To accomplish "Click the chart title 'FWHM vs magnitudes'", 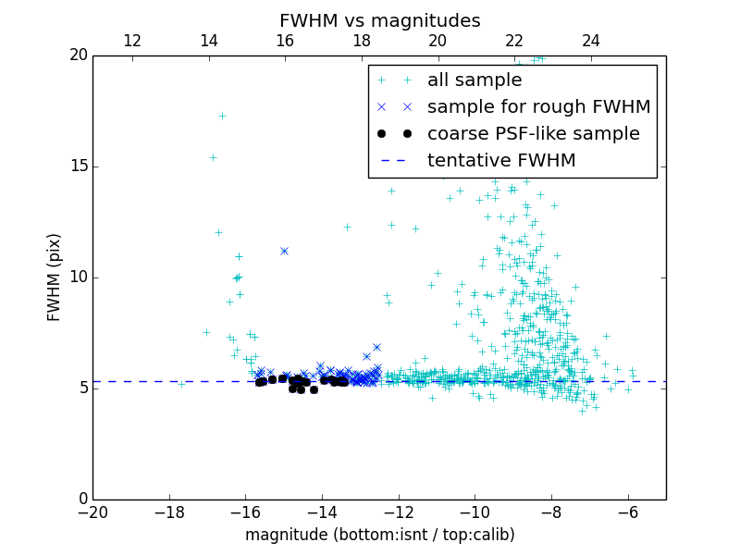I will [379, 20].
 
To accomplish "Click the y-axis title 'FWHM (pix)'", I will [55, 277].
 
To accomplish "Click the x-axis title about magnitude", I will [379, 535].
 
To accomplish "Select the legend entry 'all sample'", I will [474, 80].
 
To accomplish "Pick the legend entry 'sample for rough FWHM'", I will [538, 107].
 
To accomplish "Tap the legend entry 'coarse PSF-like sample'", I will [533, 134].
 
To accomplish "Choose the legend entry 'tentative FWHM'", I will [500, 161].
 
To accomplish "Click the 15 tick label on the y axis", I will [77, 166].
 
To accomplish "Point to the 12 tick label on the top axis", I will [131, 41].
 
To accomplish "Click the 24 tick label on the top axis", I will [590, 41].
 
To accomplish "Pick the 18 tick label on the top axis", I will [361, 41].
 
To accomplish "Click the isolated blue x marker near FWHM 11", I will [284, 251].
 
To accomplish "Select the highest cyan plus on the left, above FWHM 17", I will [222, 116].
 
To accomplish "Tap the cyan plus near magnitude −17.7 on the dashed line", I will [181, 382].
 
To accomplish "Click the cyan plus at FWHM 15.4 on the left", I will [212, 157].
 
